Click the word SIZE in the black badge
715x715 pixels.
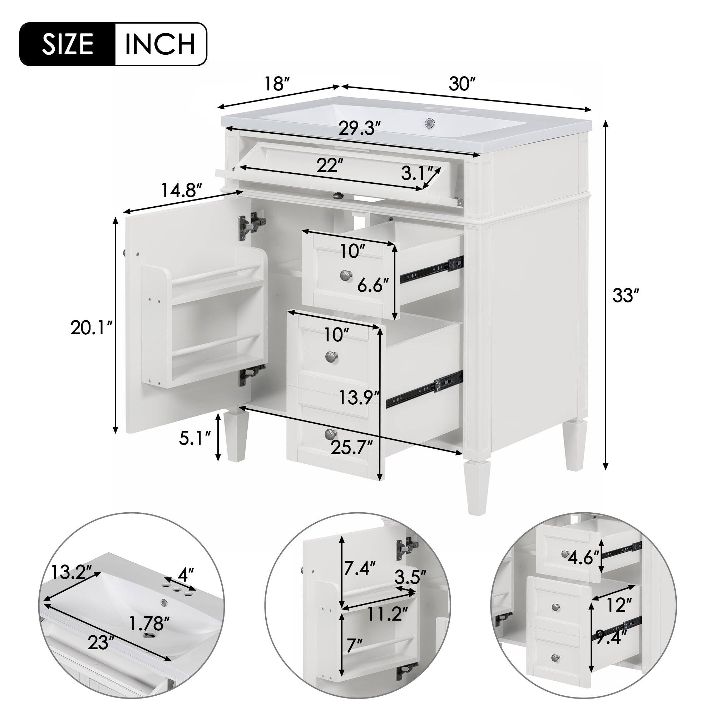click(x=67, y=44)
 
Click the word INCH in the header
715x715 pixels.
click(x=160, y=44)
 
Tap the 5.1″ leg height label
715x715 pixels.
click(x=194, y=439)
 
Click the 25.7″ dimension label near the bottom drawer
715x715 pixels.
click(x=351, y=448)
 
